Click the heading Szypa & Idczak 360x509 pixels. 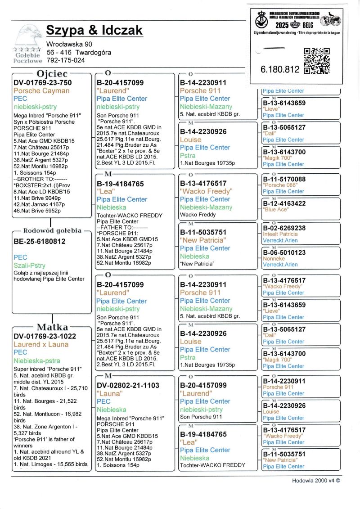pos(94,30)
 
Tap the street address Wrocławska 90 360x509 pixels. pos(69,44)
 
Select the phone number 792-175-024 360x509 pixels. pos(66,60)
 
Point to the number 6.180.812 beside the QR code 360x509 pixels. pos(280,69)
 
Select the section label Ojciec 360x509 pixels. pos(52,74)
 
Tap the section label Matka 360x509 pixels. pos(52,327)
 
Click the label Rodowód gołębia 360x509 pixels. pos(52,231)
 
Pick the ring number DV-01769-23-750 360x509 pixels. pos(43,83)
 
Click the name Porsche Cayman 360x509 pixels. pos(42,91)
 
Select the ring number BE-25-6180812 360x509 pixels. pos(40,242)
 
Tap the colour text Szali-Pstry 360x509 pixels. pos(30,266)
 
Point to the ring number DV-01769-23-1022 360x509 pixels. pos(45,336)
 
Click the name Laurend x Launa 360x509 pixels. pos(41,345)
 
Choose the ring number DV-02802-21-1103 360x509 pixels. pos(128,386)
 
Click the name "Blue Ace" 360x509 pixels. pos(276,210)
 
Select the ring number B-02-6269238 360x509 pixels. pos(284,228)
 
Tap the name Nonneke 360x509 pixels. pos(274,259)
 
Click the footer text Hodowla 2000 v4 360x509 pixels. pos(316,480)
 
